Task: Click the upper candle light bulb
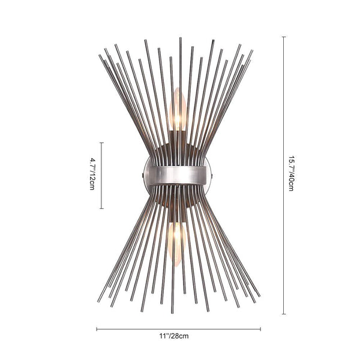point(178,109)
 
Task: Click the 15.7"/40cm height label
point(291,173)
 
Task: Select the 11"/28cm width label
point(174,336)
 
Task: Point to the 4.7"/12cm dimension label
point(92,174)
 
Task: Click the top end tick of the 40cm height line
point(284,37)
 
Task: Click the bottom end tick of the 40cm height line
point(284,314)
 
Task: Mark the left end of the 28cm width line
point(97,329)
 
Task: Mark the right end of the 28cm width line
point(260,329)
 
